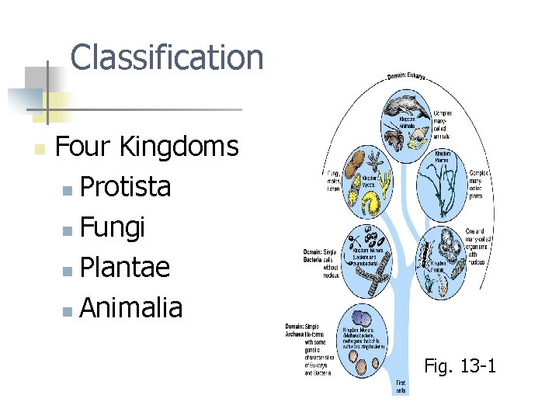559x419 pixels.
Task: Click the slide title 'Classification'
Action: [x=166, y=57]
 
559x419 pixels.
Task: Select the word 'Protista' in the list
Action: [x=125, y=187]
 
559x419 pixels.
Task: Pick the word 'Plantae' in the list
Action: [x=124, y=268]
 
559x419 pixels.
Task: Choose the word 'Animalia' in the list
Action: [x=130, y=308]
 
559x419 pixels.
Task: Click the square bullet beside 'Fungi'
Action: [x=68, y=230]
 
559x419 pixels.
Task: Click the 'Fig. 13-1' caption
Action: [x=460, y=365]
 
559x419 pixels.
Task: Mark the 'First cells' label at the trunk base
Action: [x=401, y=386]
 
